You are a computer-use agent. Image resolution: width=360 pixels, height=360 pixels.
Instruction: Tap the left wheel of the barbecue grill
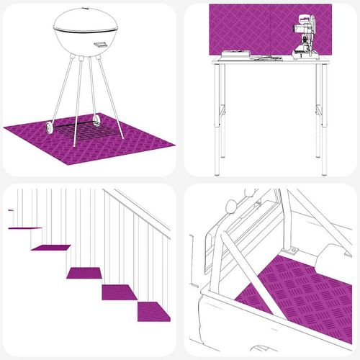coord(48,127)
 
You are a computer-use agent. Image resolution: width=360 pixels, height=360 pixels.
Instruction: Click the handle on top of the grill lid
coord(88,6)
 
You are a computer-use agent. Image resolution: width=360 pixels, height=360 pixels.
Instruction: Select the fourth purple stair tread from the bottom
coord(51,248)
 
